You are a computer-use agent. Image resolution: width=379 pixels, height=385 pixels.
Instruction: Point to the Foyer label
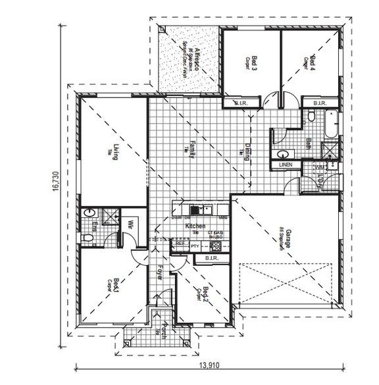[x=160, y=272]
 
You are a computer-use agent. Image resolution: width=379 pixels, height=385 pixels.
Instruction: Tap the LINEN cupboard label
[x=285, y=165]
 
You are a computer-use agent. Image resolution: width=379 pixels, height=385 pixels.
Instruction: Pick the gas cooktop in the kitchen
[x=215, y=247]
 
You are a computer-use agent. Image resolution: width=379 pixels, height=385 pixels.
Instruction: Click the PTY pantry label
[x=195, y=246]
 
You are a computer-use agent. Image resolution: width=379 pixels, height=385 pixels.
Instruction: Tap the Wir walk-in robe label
[x=131, y=223]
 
